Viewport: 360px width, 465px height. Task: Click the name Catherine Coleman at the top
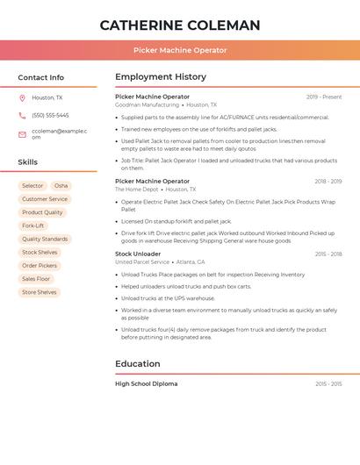[x=180, y=25]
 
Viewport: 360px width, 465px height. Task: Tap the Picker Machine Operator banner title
[x=180, y=50]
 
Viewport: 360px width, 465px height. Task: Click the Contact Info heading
[x=41, y=77]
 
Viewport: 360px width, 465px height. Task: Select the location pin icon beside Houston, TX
[x=22, y=98]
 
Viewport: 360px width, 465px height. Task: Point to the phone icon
[x=22, y=115]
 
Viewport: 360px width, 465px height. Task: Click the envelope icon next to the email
[x=22, y=134]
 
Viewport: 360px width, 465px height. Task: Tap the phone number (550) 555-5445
[x=50, y=115]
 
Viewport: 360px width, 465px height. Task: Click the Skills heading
[x=28, y=162]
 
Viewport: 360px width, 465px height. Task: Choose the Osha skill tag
[x=61, y=186]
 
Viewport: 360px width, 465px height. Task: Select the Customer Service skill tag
[x=45, y=199]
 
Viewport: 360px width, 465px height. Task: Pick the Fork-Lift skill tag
[x=32, y=225]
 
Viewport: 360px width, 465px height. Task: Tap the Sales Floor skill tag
[x=37, y=279]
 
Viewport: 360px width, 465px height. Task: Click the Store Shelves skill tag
[x=40, y=292]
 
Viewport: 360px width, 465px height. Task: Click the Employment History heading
[x=161, y=77]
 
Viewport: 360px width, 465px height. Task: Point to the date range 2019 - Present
[x=324, y=97]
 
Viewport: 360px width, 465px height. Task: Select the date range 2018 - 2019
[x=328, y=182]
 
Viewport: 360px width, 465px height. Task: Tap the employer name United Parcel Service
[x=142, y=262]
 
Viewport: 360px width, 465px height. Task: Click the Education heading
[x=138, y=364]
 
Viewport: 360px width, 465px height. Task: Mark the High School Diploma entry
[x=146, y=383]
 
